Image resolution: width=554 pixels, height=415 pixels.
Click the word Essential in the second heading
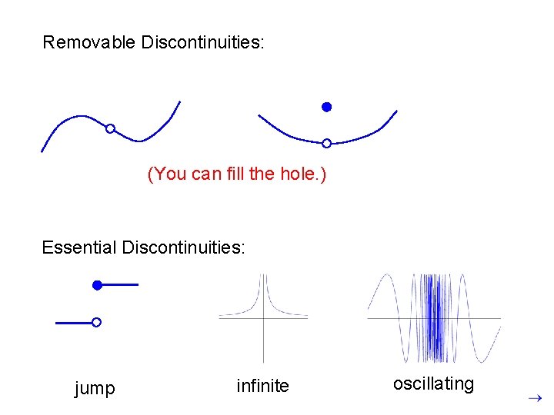click(x=79, y=247)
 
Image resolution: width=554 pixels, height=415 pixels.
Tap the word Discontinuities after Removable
click(x=202, y=42)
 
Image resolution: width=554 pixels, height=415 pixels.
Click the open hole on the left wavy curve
click(x=110, y=128)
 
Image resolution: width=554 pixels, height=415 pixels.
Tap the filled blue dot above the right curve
click(x=326, y=107)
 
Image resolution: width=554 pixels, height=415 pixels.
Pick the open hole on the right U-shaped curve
click(x=326, y=143)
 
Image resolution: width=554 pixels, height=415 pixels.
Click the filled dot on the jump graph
click(x=97, y=285)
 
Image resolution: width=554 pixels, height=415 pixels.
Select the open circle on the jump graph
click(x=96, y=323)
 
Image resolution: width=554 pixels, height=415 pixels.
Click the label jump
click(x=95, y=388)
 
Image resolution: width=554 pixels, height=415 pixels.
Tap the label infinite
click(x=262, y=386)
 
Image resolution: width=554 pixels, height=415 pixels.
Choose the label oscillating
click(x=433, y=383)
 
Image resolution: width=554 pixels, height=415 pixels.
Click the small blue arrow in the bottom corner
click(x=536, y=398)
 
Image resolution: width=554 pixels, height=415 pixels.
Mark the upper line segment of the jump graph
click(x=121, y=285)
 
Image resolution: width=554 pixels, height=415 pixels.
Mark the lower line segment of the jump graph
click(x=74, y=323)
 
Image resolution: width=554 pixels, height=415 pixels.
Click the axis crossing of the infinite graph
click(x=263, y=317)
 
